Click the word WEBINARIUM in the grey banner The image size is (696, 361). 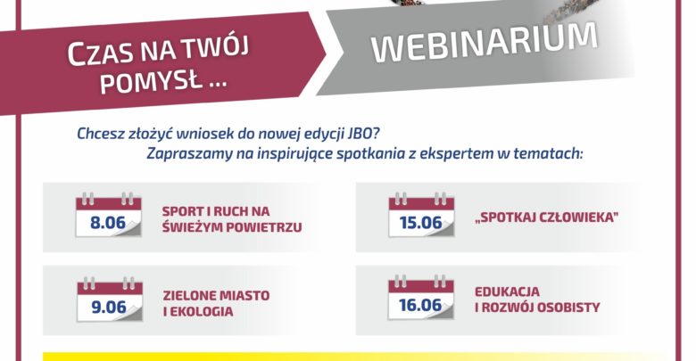point(485,42)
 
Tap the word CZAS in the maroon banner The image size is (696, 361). point(101,53)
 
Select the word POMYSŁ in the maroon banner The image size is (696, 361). point(151,82)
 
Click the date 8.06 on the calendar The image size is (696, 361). point(108,222)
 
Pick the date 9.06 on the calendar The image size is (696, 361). point(109,307)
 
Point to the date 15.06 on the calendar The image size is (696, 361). point(421,222)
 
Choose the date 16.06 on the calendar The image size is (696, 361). point(420,305)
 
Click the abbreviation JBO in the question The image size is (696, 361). point(363,133)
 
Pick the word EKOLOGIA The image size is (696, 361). point(202,311)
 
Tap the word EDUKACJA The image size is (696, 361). point(508,291)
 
